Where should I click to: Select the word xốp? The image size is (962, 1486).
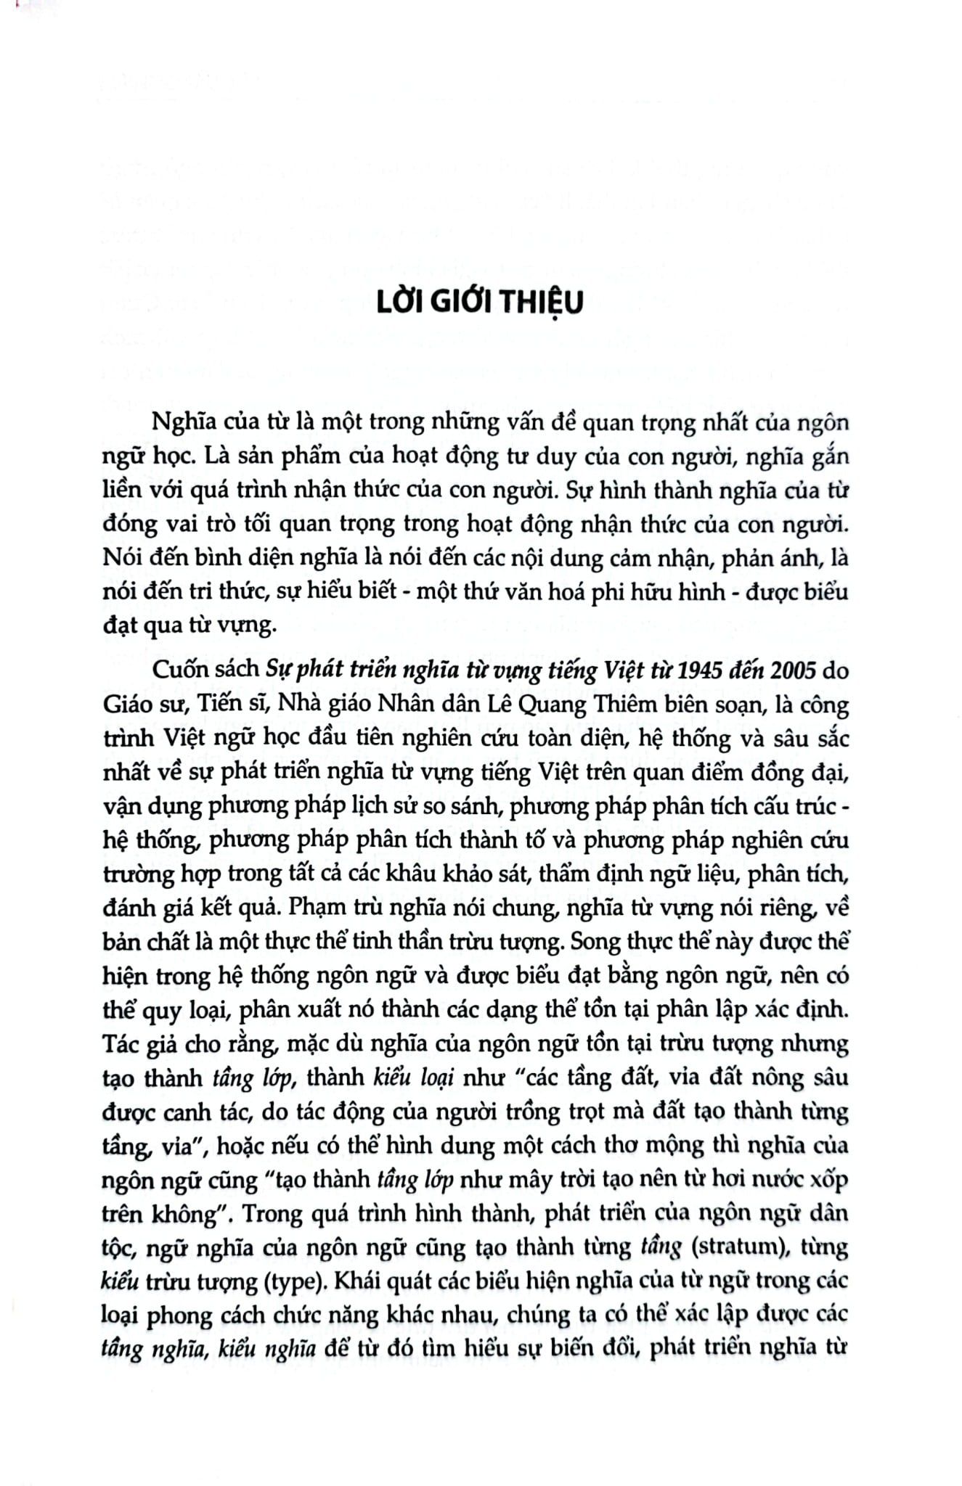pos(828,1180)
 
